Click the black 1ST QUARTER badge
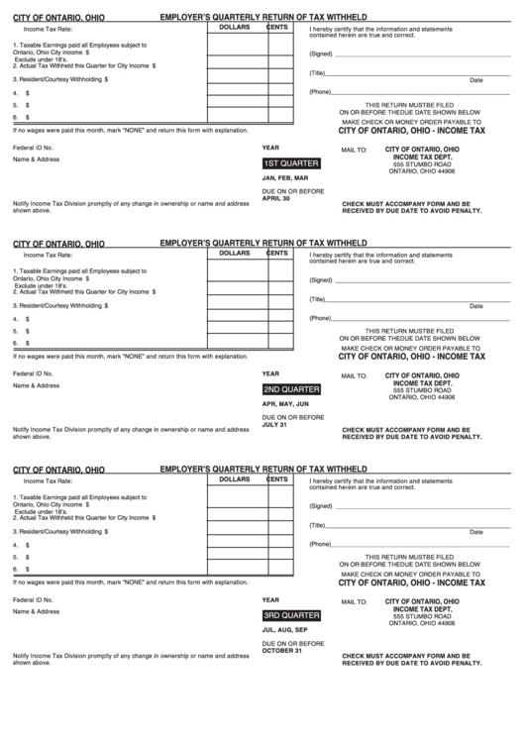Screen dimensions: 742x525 290,163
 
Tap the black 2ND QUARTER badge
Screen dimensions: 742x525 291,389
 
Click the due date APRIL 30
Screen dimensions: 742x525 276,198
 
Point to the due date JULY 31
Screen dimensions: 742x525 274,425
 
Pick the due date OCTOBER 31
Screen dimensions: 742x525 282,650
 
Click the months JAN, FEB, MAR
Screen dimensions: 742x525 285,178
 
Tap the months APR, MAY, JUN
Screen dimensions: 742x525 285,404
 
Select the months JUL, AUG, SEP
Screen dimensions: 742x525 285,630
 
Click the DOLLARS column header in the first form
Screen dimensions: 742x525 235,28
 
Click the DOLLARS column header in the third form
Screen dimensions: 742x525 235,479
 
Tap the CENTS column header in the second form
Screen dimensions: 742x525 277,254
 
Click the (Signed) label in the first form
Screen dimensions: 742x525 320,53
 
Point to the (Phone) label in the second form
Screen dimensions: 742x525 320,318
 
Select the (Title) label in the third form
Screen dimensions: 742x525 318,525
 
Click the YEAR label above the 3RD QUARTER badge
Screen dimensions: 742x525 270,599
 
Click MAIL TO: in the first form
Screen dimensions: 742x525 355,151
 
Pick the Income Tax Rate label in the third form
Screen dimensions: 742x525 48,481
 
